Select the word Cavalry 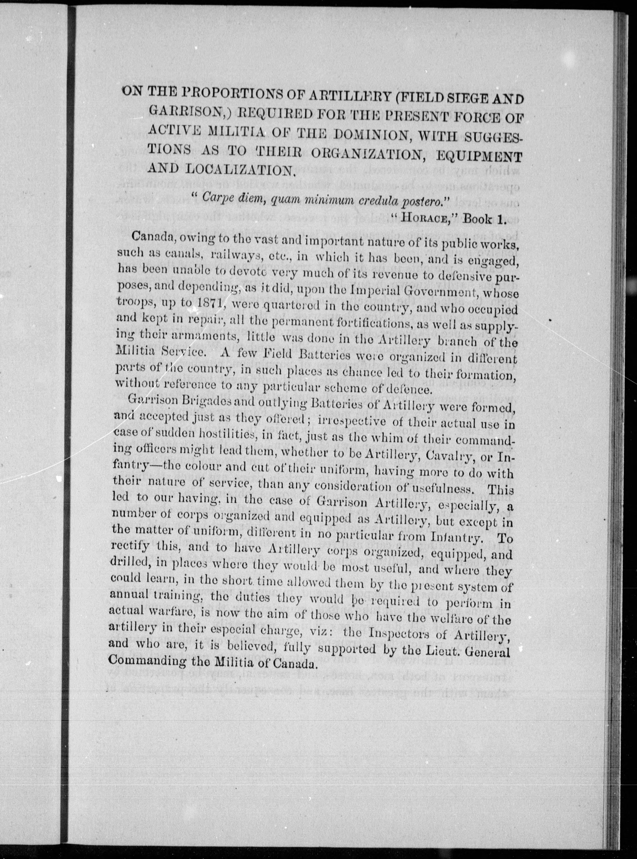click(439, 454)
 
